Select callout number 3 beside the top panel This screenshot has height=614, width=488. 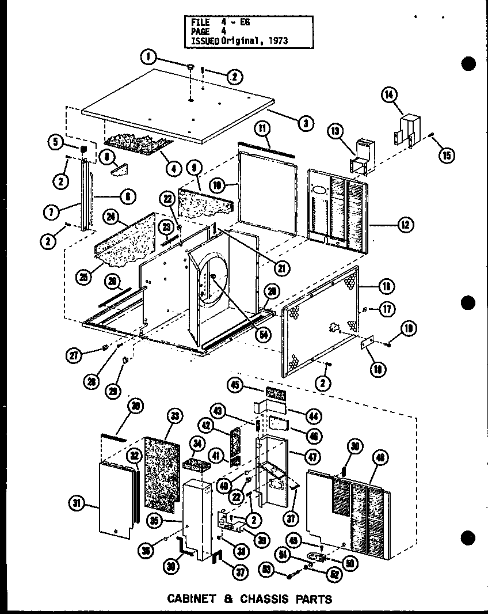click(306, 122)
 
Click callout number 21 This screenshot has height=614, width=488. click(282, 267)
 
